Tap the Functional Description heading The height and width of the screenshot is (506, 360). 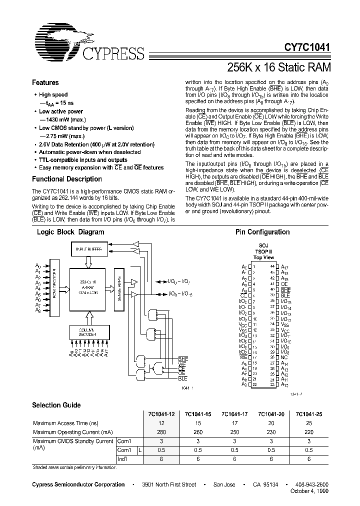67,179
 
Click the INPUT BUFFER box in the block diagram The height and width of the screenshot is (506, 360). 88,248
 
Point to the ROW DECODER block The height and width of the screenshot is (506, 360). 53,288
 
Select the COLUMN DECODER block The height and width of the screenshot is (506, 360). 88,331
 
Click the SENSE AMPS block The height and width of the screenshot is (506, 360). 119,287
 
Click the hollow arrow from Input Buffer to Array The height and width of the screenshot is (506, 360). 88,261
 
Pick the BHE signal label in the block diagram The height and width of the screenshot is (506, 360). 183,359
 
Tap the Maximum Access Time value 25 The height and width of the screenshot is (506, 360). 308,422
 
